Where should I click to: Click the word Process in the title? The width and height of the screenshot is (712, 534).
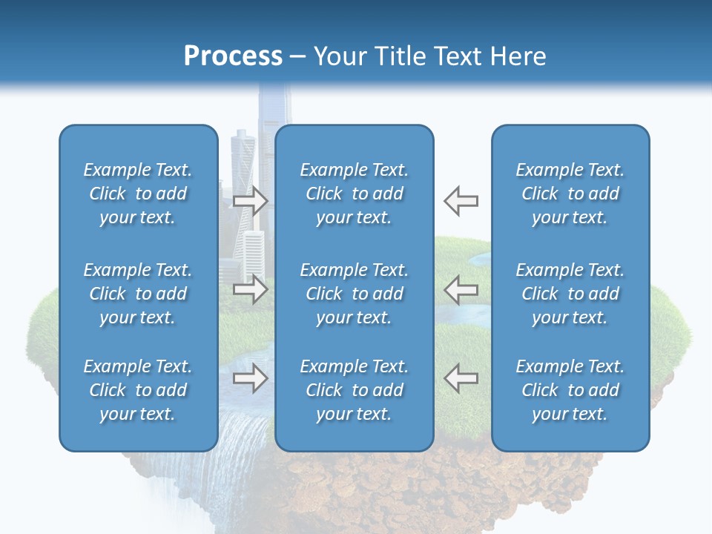233,56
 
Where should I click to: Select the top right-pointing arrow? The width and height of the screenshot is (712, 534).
251,201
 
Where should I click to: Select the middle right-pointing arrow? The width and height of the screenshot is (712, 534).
251,289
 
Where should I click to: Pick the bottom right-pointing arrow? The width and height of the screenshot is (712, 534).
251,378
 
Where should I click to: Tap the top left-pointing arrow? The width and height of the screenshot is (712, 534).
461,201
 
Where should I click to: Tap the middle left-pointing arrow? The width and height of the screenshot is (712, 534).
461,289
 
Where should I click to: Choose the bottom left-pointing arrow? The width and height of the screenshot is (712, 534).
461,378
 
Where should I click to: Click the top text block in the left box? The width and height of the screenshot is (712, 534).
138,194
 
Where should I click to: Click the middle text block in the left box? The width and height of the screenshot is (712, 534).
138,294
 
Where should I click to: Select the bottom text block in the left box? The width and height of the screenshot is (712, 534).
138,390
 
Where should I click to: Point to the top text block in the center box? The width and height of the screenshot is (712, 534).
354,194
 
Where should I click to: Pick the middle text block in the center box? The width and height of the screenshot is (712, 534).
354,294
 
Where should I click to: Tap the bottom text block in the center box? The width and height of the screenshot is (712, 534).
354,390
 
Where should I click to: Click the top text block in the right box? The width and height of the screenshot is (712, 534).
570,194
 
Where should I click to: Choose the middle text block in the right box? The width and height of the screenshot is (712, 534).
570,294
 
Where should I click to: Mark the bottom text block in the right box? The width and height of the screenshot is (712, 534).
570,390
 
